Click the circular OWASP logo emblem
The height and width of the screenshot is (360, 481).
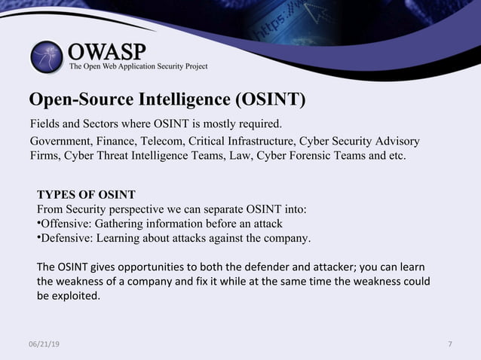coord(47,57)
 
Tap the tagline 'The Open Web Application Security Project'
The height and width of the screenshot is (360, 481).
coord(138,67)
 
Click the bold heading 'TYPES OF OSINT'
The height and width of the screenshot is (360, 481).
coord(86,194)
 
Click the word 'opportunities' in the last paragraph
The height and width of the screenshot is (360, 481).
coord(143,267)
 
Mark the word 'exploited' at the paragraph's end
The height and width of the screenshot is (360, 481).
coord(75,296)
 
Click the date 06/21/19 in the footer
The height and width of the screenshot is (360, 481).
coord(44,344)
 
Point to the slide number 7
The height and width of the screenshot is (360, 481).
coord(450,344)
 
